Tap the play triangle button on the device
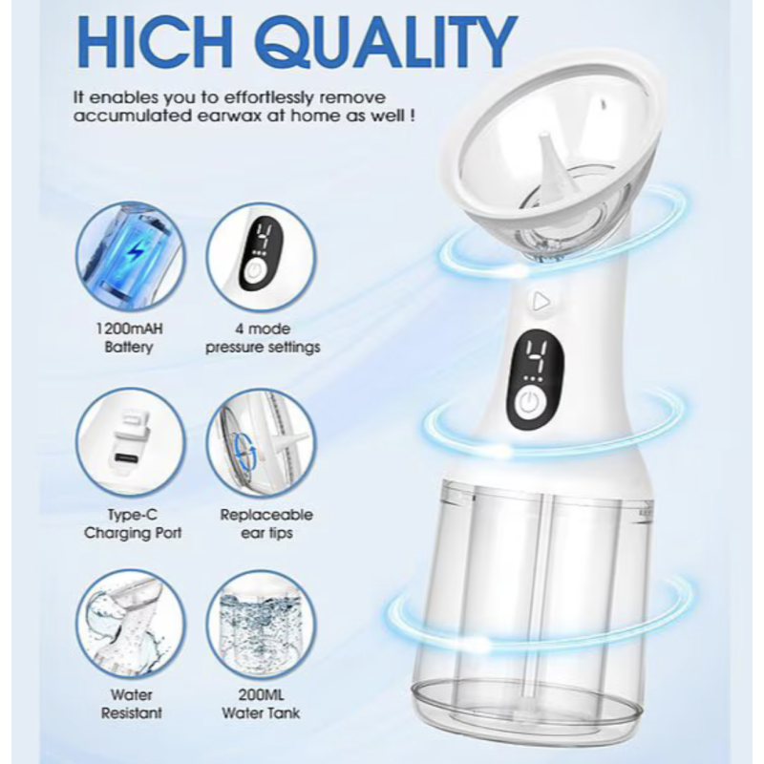tap(541, 302)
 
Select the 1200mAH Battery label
tap(129, 338)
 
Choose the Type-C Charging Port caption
tap(132, 523)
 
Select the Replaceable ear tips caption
tap(266, 523)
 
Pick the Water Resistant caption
tap(131, 704)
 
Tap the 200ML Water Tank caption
tap(261, 704)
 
